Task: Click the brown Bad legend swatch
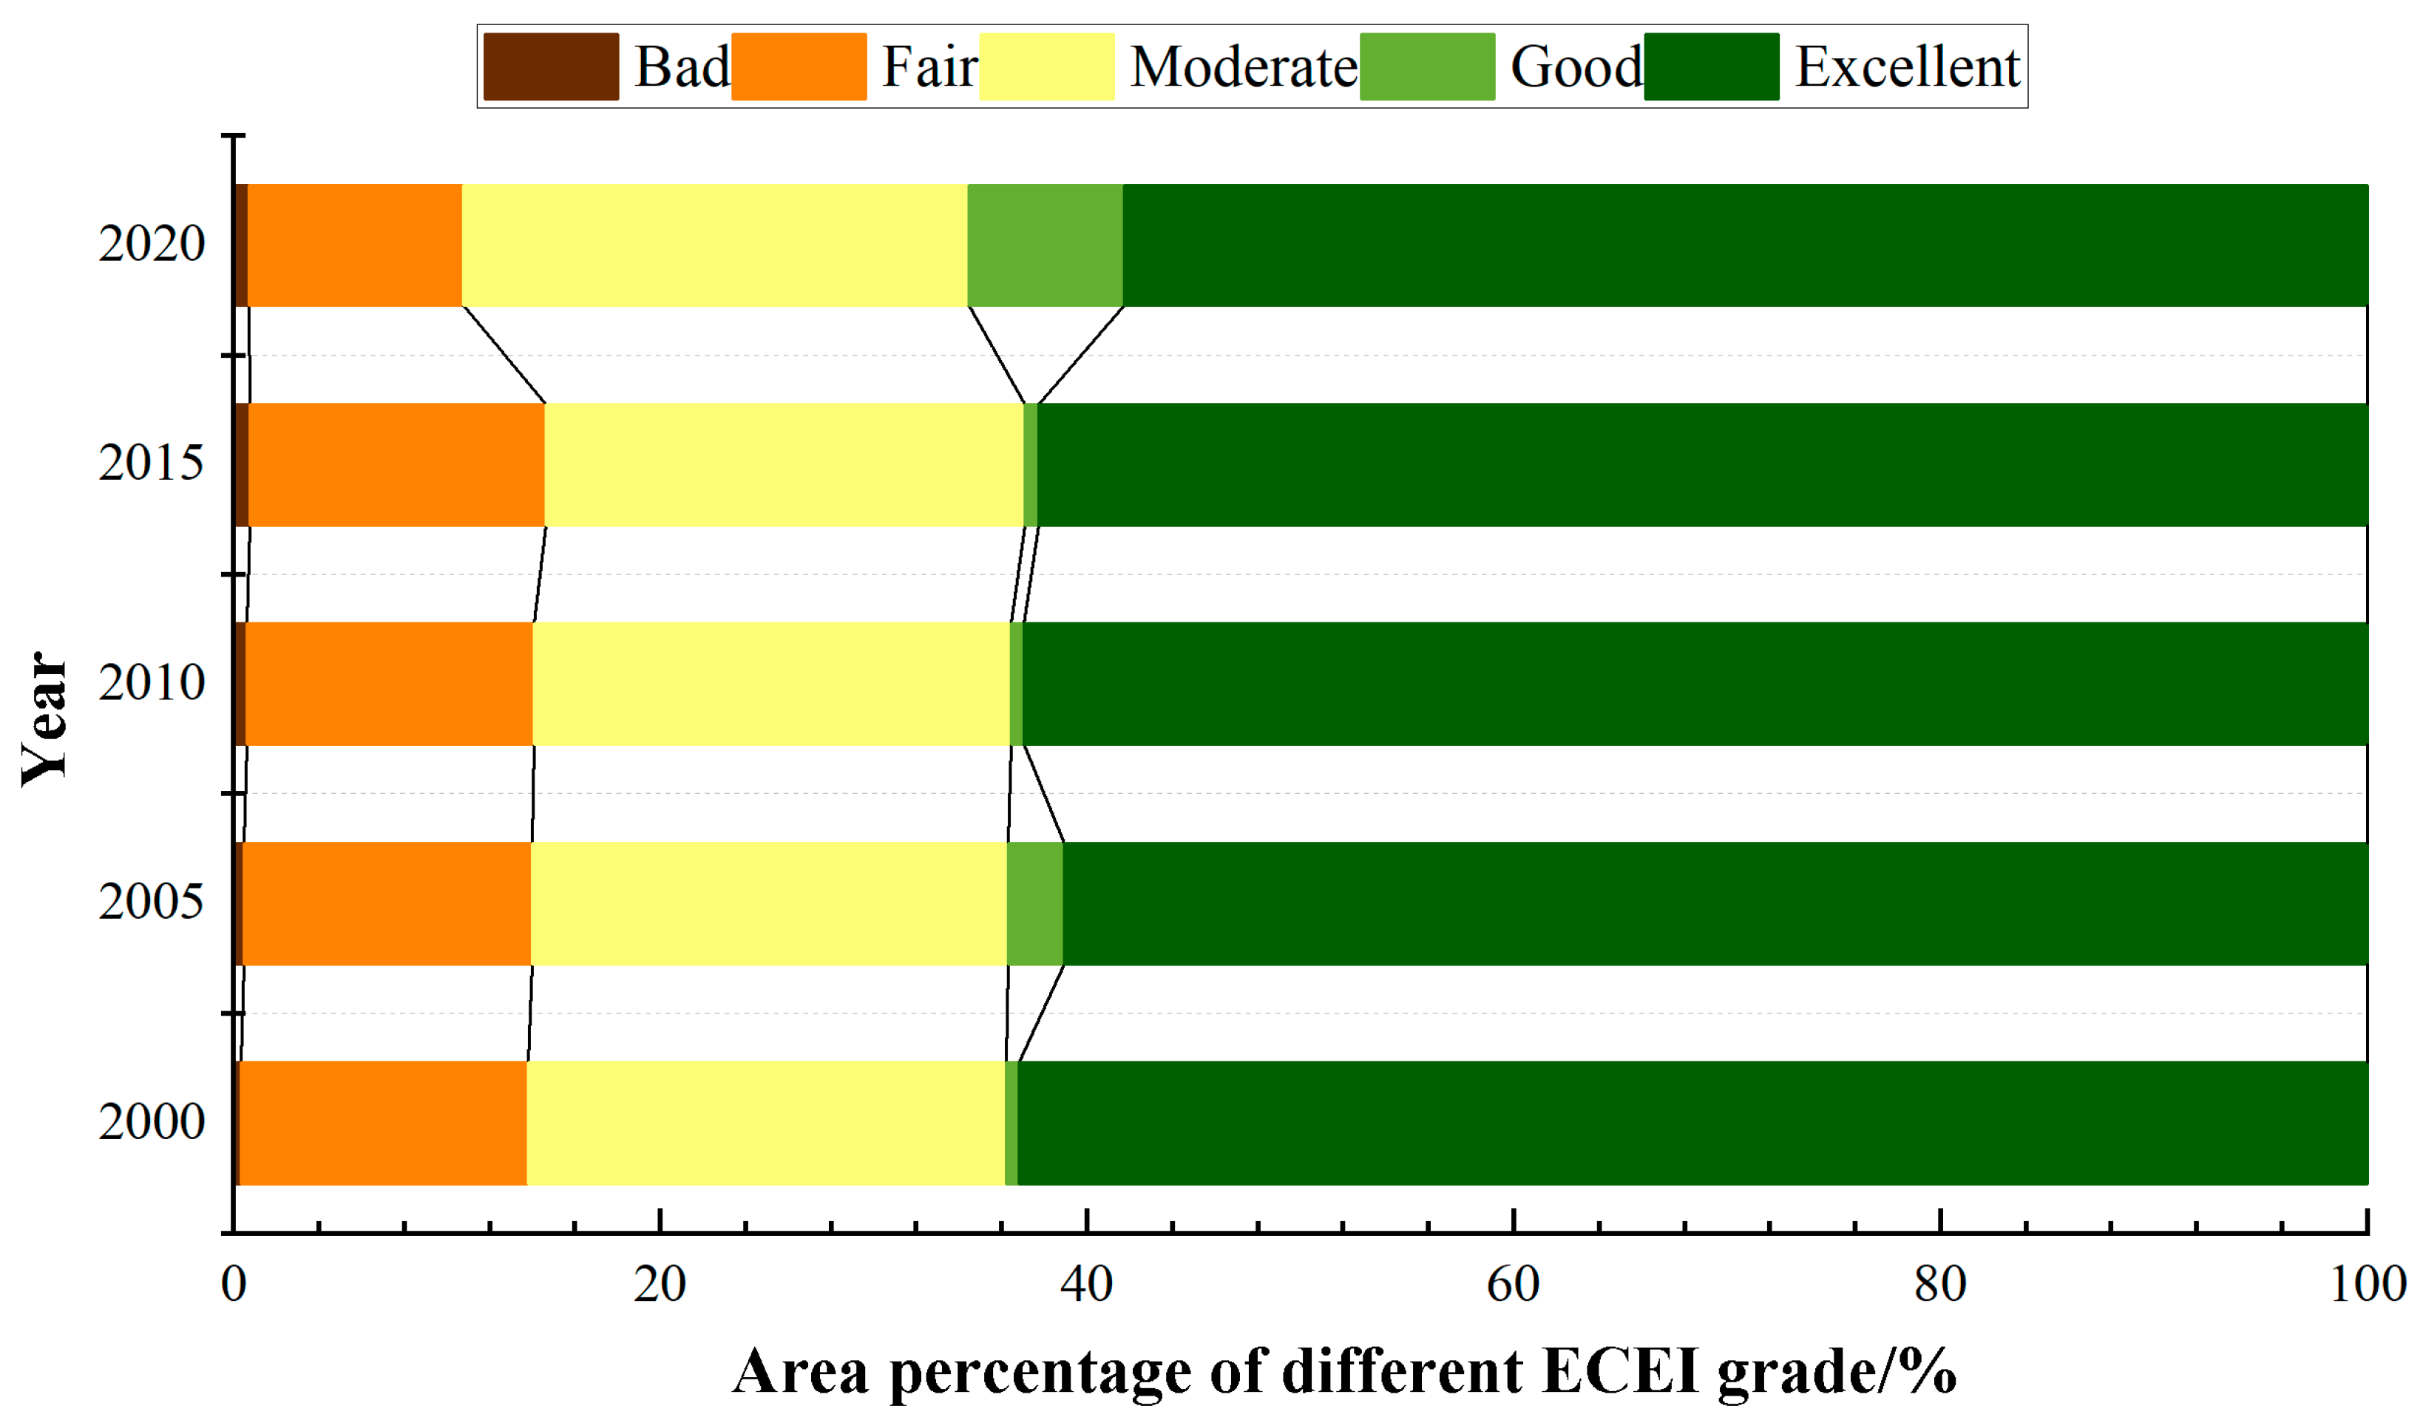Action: pyautogui.click(x=551, y=67)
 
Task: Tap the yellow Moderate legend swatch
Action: pyautogui.click(x=1046, y=67)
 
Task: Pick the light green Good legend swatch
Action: pyautogui.click(x=1427, y=67)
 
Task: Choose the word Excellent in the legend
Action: pyautogui.click(x=1907, y=67)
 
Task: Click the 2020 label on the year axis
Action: pyautogui.click(x=151, y=243)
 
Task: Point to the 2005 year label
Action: pyautogui.click(x=151, y=902)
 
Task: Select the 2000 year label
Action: pyautogui.click(x=151, y=1121)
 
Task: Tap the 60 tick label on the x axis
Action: pyautogui.click(x=1514, y=1285)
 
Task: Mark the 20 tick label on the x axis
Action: pyautogui.click(x=660, y=1285)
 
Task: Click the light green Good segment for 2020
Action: pyautogui.click(x=1046, y=245)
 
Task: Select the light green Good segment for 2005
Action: pyautogui.click(x=1034, y=904)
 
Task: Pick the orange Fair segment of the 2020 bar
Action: pyautogui.click(x=355, y=245)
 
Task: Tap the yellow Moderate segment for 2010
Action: pyautogui.click(x=771, y=684)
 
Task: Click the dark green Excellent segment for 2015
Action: pyautogui.click(x=1702, y=464)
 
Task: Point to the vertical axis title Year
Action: pyautogui.click(x=44, y=719)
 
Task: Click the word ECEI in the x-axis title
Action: pyautogui.click(x=1619, y=1371)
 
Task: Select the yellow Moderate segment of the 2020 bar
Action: pyautogui.click(x=714, y=245)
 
